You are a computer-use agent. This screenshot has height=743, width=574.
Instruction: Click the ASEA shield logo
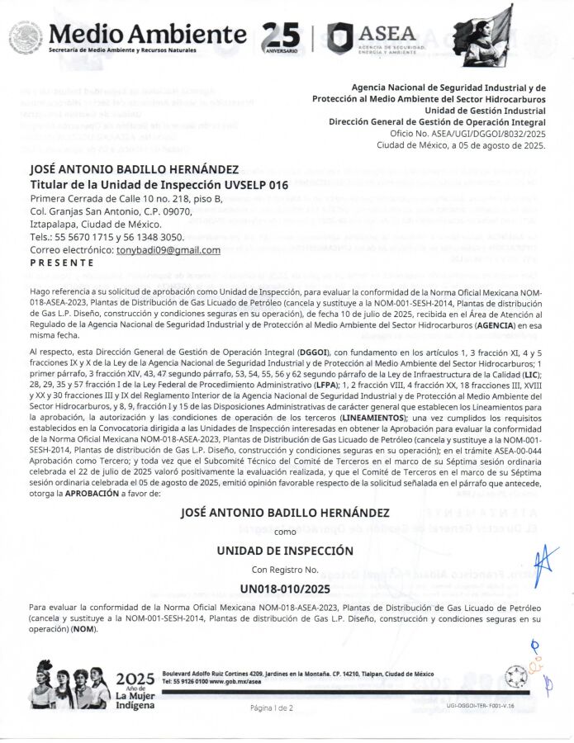pos(339,38)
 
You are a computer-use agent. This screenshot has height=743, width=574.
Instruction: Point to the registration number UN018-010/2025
pos(284,589)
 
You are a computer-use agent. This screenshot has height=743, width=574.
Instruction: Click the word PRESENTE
pos(62,263)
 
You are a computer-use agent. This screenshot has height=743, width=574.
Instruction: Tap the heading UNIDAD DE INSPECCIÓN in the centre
pos(284,551)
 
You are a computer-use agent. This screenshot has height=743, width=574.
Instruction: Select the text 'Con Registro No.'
pos(284,570)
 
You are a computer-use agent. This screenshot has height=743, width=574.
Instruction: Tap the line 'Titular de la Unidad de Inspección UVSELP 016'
pos(159,185)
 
